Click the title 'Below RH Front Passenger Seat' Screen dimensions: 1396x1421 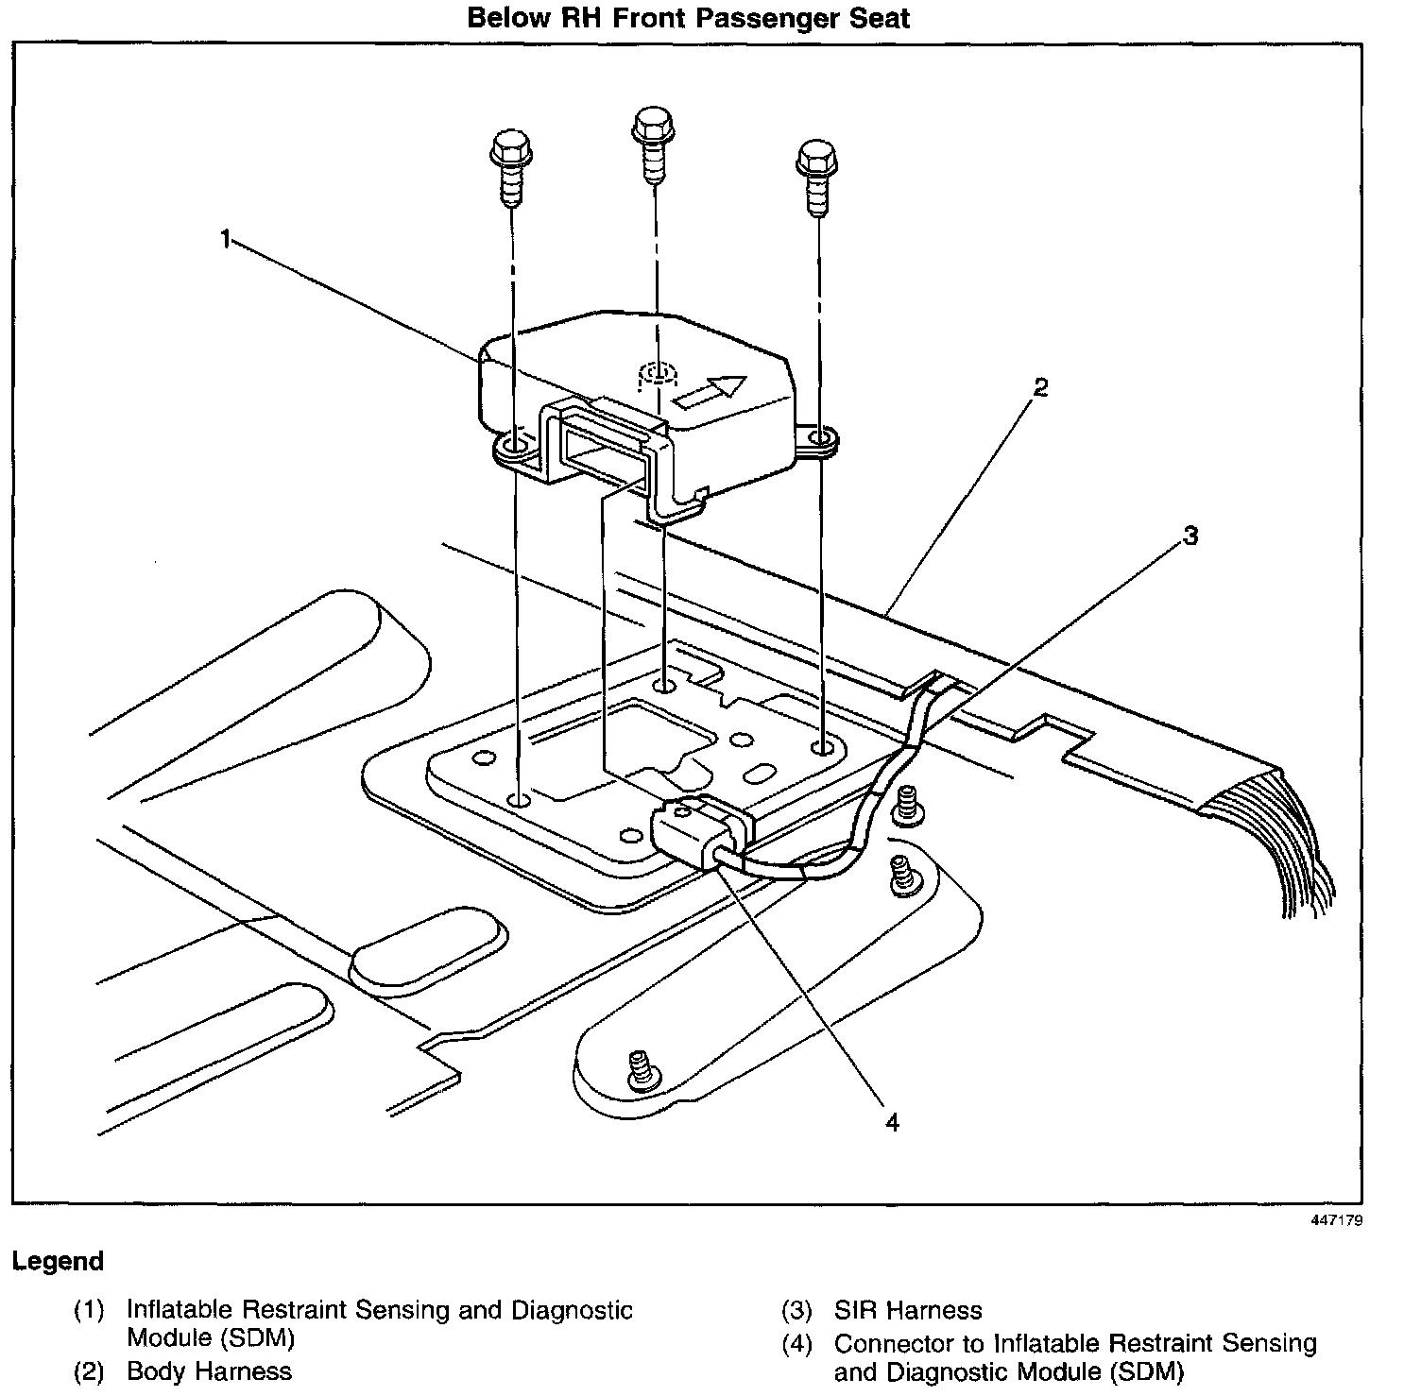688,18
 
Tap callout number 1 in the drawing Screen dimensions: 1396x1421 225,240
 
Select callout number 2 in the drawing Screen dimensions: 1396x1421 1040,387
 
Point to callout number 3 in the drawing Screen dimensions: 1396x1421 1190,536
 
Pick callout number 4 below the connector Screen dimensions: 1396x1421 892,1122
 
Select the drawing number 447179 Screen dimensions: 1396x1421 1336,1220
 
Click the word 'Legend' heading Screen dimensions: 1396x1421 58,1262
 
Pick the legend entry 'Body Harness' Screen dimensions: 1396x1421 209,1371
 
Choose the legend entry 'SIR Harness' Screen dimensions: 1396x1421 907,1311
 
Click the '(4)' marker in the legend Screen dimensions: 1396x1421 796,1344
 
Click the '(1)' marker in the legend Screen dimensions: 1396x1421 89,1311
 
